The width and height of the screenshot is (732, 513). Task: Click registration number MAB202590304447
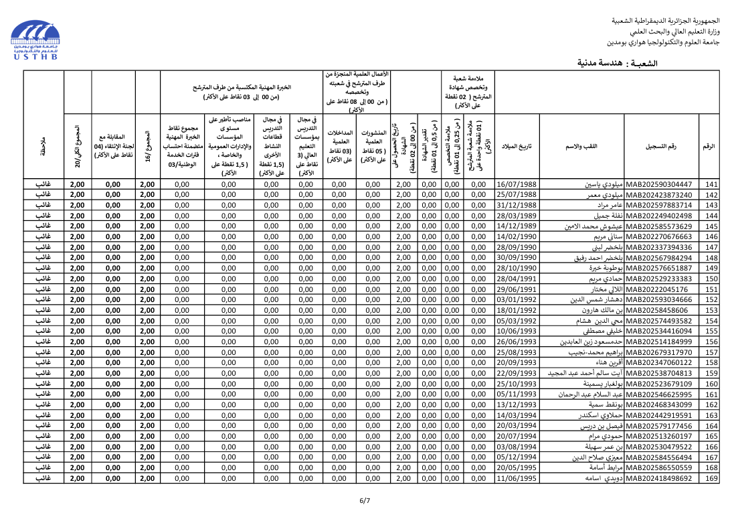click(x=662, y=184)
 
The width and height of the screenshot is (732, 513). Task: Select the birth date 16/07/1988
click(x=517, y=184)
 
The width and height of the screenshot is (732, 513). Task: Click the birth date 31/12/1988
click(x=517, y=205)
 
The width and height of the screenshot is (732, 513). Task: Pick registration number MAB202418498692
click(x=662, y=478)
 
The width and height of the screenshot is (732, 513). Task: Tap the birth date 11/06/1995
click(x=517, y=478)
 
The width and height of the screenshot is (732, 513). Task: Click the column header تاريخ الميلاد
click(x=517, y=147)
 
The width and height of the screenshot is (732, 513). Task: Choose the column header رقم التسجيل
click(x=661, y=147)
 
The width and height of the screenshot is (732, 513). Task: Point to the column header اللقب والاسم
click(x=582, y=147)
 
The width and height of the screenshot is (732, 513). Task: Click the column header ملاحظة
click(x=43, y=147)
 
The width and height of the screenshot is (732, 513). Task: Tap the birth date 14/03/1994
click(x=517, y=415)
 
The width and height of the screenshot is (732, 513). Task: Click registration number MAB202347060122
click(x=662, y=362)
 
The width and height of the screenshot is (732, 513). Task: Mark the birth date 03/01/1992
click(x=517, y=299)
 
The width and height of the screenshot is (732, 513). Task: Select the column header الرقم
click(x=709, y=147)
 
